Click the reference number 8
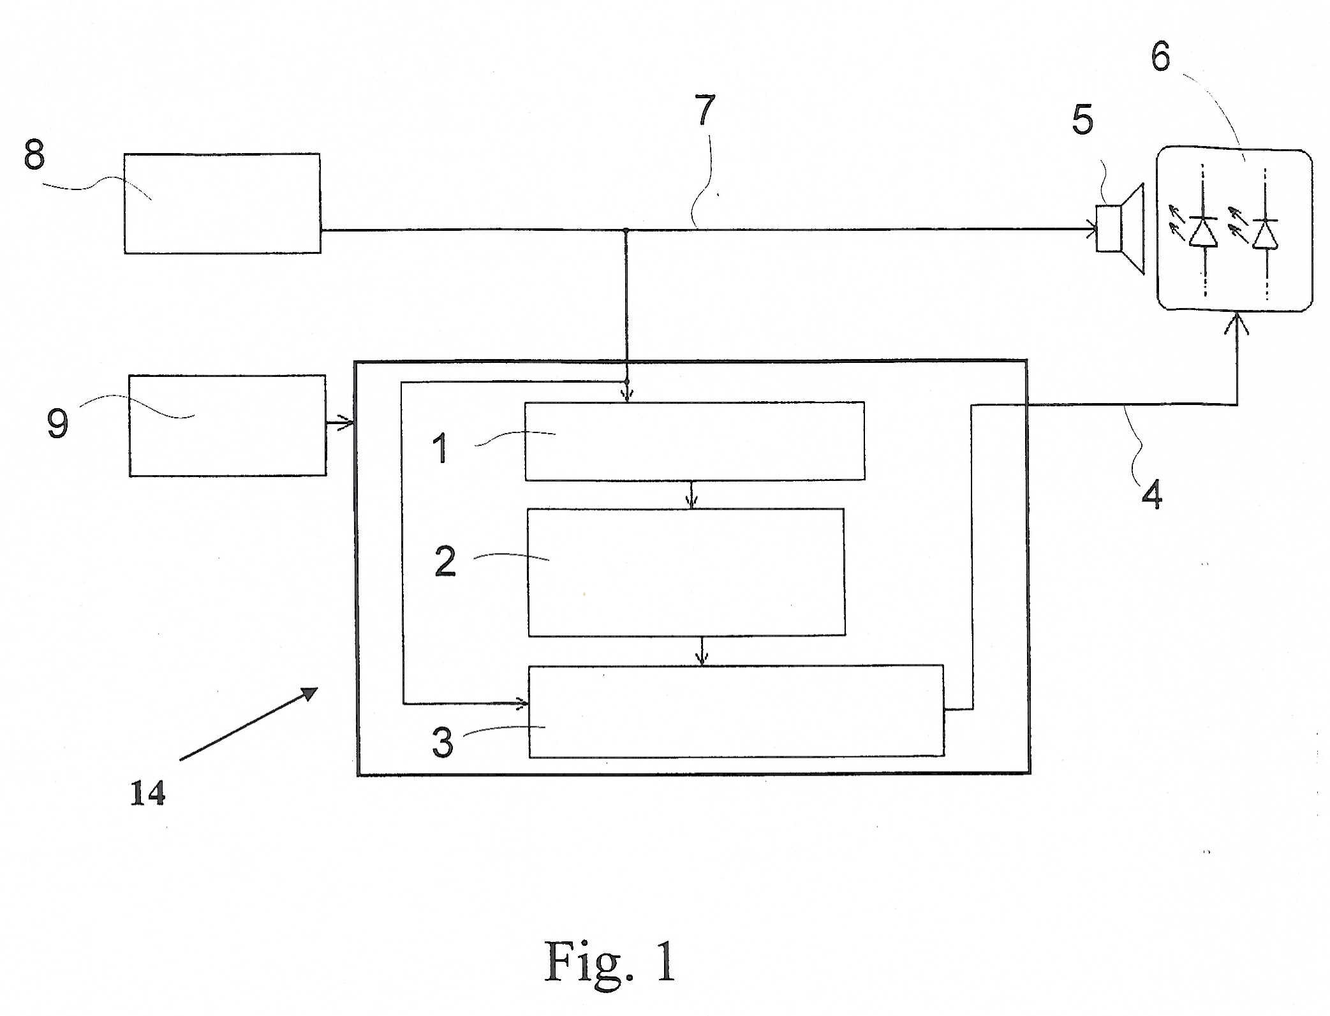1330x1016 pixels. pos(34,154)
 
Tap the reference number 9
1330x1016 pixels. pos(57,423)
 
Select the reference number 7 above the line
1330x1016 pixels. pos(705,110)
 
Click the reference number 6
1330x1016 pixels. pos(1160,56)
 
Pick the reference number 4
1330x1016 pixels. pos(1152,494)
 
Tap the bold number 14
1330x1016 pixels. pos(148,793)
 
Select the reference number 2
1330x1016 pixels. pos(445,561)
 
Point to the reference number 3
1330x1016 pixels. pos(443,742)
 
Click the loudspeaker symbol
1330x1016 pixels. pos(1119,229)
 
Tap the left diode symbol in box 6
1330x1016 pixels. pos(1203,231)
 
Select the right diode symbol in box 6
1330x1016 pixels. pos(1266,233)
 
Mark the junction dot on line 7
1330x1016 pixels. pos(626,230)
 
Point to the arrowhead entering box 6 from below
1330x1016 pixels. pos(1237,323)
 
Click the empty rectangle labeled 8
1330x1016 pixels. pos(222,203)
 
